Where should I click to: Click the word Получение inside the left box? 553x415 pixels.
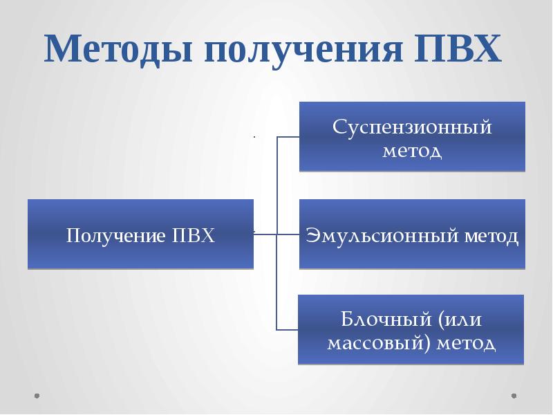click(114, 236)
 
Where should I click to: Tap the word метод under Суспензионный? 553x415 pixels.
click(412, 151)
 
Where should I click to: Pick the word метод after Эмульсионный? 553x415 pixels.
click(491, 237)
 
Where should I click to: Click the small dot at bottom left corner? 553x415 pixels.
click(37, 396)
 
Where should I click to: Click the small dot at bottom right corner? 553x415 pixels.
click(514, 396)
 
